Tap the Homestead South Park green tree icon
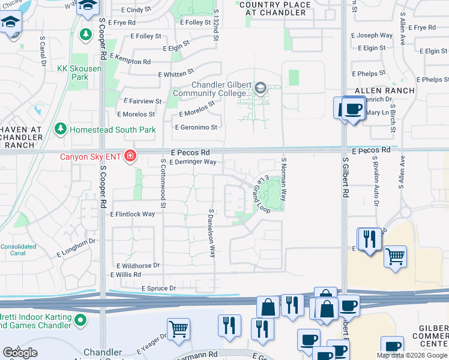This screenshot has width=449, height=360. click(x=60, y=129)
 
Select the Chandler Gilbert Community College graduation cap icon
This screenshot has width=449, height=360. click(x=260, y=89)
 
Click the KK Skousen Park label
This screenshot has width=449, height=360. click(x=79, y=73)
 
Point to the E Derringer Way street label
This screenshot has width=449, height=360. click(x=193, y=162)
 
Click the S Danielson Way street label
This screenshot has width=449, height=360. click(x=212, y=233)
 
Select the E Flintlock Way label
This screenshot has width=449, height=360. click(x=132, y=214)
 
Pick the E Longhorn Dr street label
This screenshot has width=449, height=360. click(x=76, y=245)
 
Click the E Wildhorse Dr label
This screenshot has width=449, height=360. click(x=138, y=265)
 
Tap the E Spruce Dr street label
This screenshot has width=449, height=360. click(x=158, y=289)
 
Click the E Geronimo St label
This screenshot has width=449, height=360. click(x=196, y=127)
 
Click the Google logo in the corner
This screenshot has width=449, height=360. click(x=20, y=353)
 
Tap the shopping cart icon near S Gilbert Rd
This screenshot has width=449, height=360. click(x=395, y=256)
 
